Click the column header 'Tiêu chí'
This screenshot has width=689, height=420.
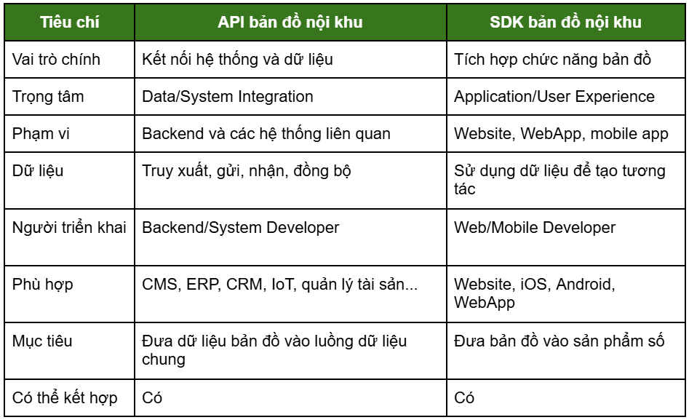[x=69, y=22]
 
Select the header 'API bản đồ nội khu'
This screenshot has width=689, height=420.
[x=290, y=22]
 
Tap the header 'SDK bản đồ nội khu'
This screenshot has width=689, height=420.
[x=565, y=22]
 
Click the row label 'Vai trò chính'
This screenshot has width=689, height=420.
[x=56, y=60]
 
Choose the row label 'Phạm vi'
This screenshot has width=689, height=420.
[x=41, y=134]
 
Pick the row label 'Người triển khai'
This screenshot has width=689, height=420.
[x=69, y=227]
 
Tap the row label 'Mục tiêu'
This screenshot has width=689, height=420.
[x=42, y=341]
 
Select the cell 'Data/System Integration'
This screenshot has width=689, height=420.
[x=228, y=97]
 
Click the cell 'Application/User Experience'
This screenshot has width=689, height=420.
[x=554, y=97]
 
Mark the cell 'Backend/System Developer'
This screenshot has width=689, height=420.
[x=240, y=228]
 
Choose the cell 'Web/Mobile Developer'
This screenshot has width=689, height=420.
[x=535, y=228]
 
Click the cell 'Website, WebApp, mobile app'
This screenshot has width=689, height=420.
[x=561, y=134]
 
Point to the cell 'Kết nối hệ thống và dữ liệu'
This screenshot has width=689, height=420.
[x=237, y=60]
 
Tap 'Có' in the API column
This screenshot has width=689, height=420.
[x=152, y=397]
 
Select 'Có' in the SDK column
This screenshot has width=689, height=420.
[x=464, y=397]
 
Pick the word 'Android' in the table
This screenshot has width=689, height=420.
[x=585, y=285]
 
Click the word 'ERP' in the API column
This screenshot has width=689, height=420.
[x=202, y=285]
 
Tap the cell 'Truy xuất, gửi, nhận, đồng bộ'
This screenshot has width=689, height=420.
[x=247, y=171]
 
